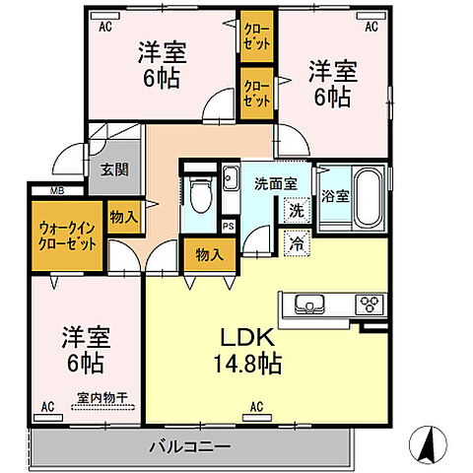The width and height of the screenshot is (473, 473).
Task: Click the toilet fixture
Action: pos(199,191)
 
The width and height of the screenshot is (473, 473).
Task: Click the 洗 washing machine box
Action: pos(296,209)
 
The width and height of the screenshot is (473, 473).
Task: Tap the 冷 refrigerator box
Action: pos(296,240)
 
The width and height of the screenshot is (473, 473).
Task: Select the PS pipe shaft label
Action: pos(229,226)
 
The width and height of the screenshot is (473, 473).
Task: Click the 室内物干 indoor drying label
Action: pos(102,399)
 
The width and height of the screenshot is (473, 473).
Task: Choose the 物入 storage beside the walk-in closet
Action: pos(123,217)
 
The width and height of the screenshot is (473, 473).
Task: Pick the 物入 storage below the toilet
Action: pos(208,254)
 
